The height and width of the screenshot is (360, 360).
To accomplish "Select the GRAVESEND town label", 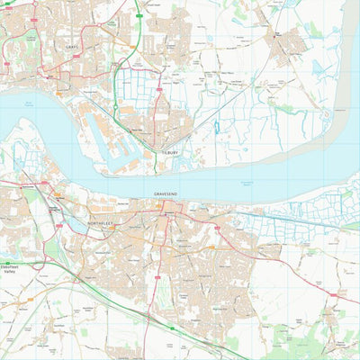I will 166,193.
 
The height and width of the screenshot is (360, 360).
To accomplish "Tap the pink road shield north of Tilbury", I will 160,90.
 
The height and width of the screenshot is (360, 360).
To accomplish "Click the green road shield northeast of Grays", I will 140,15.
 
